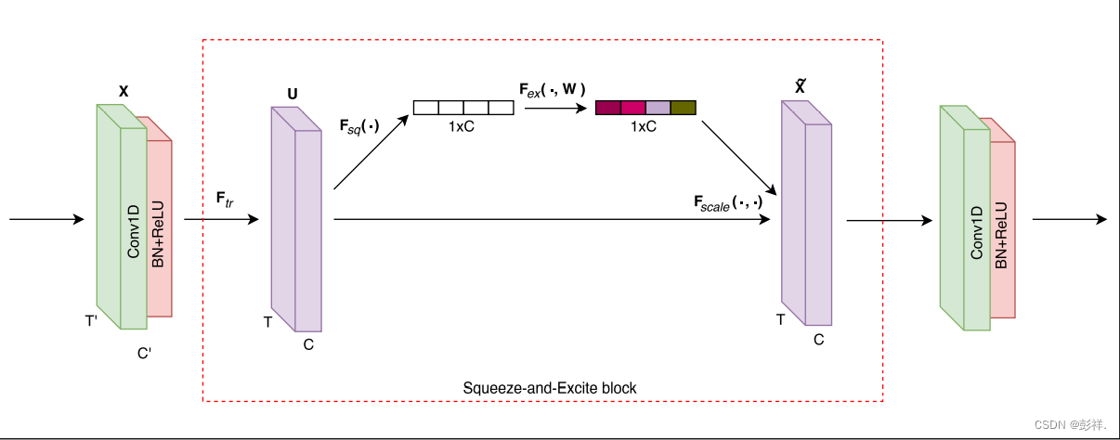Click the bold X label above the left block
click(124, 91)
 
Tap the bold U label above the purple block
click(293, 95)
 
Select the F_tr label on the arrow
click(224, 199)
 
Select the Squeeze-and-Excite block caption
click(550, 387)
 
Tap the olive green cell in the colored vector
click(683, 108)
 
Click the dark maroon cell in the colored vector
click(607, 108)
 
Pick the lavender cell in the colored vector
click(658, 108)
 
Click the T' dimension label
click(92, 320)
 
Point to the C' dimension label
click(144, 354)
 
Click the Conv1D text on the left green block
click(134, 233)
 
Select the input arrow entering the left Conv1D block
click(46, 220)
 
